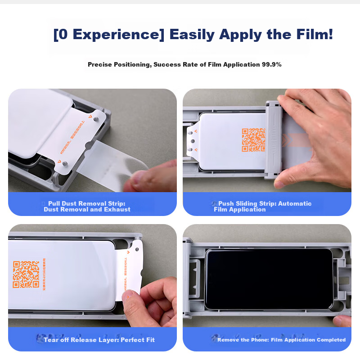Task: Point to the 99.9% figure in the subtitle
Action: tap(272, 65)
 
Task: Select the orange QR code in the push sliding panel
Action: tap(253, 140)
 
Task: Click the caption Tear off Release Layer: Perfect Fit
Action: tap(99, 340)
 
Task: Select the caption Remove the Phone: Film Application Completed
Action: tap(281, 340)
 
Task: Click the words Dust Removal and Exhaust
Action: tap(87, 210)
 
